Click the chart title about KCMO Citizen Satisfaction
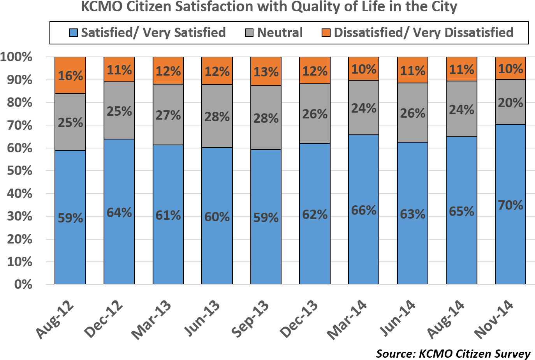click(269, 7)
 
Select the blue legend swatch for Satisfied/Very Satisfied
click(74, 33)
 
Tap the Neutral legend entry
click(280, 33)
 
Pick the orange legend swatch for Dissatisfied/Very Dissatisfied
click(326, 33)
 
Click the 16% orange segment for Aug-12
click(70, 75)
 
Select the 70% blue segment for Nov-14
click(510, 205)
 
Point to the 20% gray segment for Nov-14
click(510, 102)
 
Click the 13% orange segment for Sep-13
click(266, 72)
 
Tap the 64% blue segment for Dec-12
click(119, 212)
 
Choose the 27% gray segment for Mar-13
click(168, 115)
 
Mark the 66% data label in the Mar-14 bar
click(364, 210)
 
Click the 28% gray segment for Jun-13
click(217, 116)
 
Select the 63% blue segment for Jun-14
click(413, 214)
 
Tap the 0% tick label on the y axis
click(23, 285)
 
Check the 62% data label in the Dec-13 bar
click(315, 214)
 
